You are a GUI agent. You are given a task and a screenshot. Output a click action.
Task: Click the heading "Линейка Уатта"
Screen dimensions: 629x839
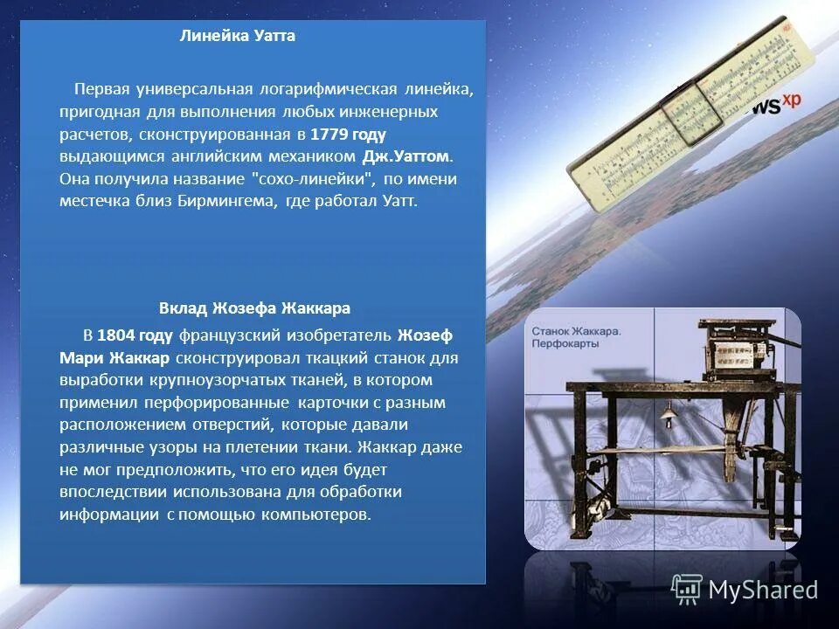[x=237, y=36]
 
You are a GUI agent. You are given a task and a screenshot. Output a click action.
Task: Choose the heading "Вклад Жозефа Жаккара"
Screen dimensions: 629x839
[x=254, y=308]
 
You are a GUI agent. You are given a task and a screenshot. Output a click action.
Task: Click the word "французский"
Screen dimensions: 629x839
[x=221, y=335]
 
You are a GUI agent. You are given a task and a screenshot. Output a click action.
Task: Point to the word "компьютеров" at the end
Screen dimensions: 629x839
[x=318, y=514]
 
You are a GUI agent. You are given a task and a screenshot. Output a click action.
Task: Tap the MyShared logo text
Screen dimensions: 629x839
[x=763, y=590]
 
